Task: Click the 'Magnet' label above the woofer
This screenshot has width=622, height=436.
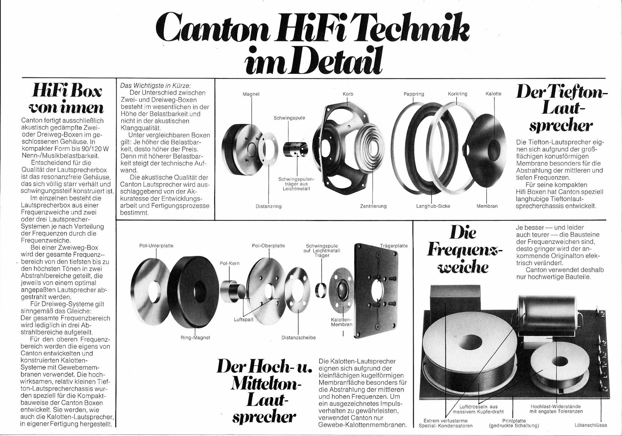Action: point(251,94)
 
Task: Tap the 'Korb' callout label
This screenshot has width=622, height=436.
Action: point(348,94)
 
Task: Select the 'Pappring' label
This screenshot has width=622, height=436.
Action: point(414,94)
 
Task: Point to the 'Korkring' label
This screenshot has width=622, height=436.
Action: point(458,94)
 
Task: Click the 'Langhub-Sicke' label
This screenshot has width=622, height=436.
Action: point(433,206)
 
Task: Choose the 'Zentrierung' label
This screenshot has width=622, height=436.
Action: point(373,206)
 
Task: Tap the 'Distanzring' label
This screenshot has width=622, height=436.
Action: point(268,206)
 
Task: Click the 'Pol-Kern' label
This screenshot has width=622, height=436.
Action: point(229,263)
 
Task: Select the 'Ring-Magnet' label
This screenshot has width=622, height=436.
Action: point(195,337)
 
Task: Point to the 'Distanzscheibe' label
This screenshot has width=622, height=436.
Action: point(299,337)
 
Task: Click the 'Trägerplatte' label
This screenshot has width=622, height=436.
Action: point(394,245)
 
